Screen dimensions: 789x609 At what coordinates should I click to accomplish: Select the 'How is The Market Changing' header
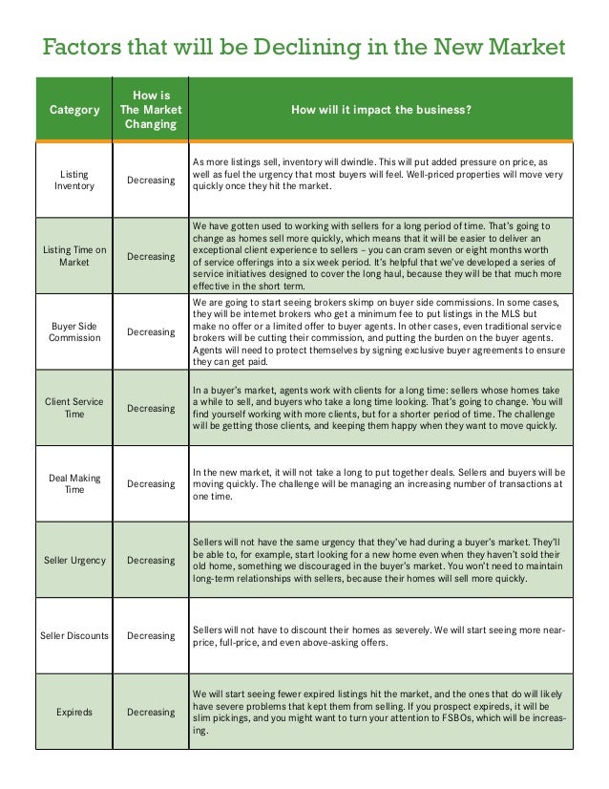(150, 110)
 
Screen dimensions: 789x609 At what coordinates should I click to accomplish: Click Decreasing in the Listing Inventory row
(151, 181)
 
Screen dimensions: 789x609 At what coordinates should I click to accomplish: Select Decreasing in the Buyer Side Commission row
(151, 331)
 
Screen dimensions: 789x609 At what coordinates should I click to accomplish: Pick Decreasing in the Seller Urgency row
(151, 560)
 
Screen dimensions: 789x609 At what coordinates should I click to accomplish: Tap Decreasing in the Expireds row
(151, 712)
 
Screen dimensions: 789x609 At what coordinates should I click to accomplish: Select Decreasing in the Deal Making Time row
(151, 483)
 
